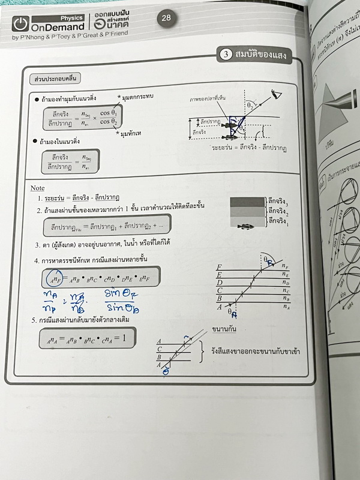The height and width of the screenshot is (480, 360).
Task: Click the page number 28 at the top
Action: [x=166, y=18]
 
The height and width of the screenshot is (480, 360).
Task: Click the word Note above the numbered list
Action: [x=37, y=188]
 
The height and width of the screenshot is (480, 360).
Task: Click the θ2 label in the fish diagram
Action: [x=242, y=128]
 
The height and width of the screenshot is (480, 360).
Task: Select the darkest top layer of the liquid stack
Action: [x=246, y=202]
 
